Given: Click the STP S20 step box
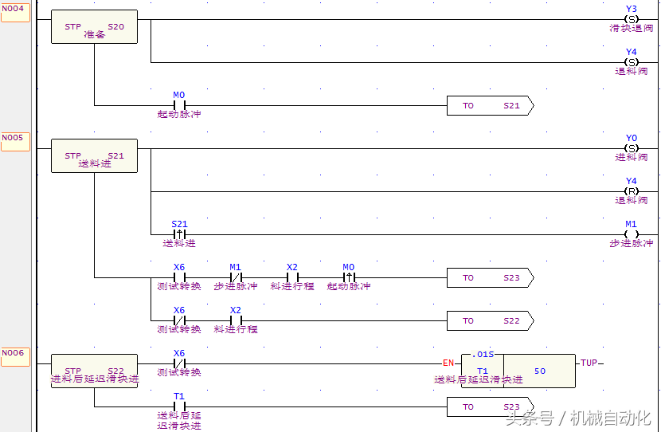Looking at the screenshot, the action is coord(94,27).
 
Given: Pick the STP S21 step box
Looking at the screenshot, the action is coord(94,156).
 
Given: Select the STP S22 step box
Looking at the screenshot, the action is coord(94,371).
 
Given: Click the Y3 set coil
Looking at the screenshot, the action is coord(632,19).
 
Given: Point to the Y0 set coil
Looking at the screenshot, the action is coord(632,148).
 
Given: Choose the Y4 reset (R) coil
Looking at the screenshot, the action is coord(632,191).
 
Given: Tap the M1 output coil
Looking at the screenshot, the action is coord(632,234).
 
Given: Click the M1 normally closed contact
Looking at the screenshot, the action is coord(235,277).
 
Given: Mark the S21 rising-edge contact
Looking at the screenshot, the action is coord(179,234).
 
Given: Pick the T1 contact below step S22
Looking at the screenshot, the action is coord(179,406).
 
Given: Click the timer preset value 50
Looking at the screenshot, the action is coord(540,371).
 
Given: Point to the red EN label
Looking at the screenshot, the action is coord(448,363).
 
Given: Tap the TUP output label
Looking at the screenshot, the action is coord(589,363).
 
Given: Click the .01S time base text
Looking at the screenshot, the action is coord(483,355).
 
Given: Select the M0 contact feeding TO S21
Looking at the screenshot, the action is coord(179,105).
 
